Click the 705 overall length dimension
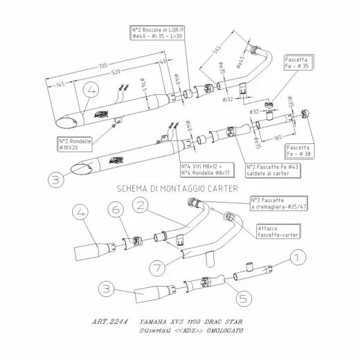[x=103, y=66]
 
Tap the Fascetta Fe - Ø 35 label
[x=298, y=65]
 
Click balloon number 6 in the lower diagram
[x=116, y=208]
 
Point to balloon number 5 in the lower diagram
[x=243, y=299]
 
